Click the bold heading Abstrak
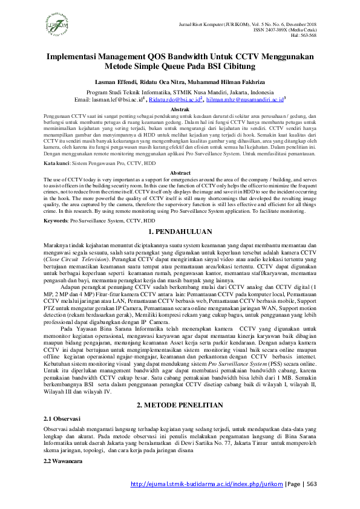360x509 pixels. (x=180, y=108)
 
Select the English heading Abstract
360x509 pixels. (x=180, y=173)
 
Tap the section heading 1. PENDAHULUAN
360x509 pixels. (x=180, y=232)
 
